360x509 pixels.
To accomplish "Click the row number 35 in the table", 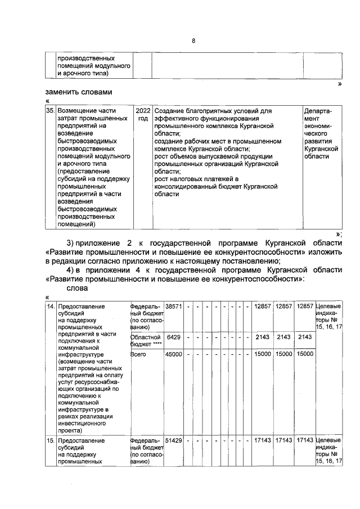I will click(x=49, y=111).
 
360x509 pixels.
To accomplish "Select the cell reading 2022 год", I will click(x=143, y=115).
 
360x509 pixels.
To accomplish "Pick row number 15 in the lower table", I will click(x=49, y=439).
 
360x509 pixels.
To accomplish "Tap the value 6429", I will click(x=174, y=336).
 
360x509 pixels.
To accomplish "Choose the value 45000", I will click(x=173, y=354).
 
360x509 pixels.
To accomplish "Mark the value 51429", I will click(x=173, y=439).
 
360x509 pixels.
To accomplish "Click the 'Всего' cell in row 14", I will click(x=138, y=354).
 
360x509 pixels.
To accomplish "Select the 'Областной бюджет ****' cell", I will click(x=145, y=340).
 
